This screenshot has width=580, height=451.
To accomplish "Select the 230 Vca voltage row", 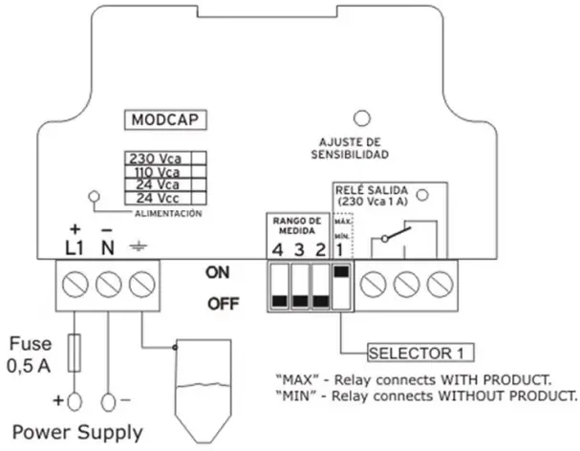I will click(155, 159).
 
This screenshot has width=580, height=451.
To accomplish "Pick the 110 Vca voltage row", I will click(155, 172).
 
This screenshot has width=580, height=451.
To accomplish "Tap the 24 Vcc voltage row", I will click(155, 198).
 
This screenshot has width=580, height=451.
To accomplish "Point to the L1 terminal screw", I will click(75, 283).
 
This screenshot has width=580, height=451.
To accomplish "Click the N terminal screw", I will click(108, 283).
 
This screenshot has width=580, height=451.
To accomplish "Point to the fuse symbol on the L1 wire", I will click(75, 345).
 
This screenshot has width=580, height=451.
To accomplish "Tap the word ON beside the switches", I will click(218, 271).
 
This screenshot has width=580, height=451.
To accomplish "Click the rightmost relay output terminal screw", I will click(440, 283).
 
